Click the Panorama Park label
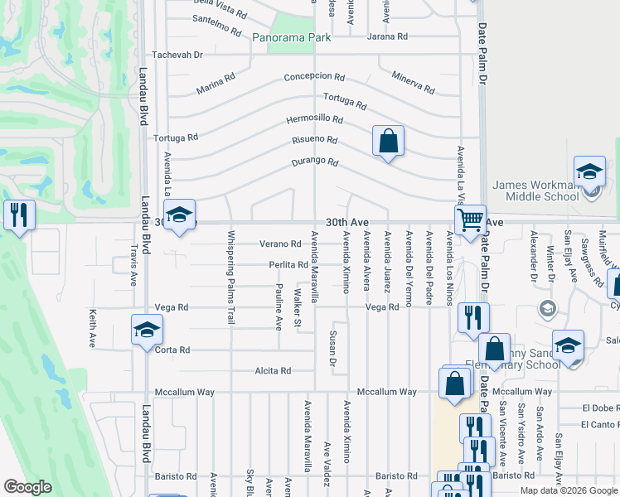291,37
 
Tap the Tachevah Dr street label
177,55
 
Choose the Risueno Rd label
313,140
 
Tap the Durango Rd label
315,162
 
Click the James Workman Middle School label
547,191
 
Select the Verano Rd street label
279,244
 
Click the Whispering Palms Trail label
232,277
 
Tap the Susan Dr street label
332,348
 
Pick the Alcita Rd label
274,371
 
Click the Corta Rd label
172,350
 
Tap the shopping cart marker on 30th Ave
471,220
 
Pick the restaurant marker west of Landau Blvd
18,215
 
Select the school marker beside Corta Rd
146,330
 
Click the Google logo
28,487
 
